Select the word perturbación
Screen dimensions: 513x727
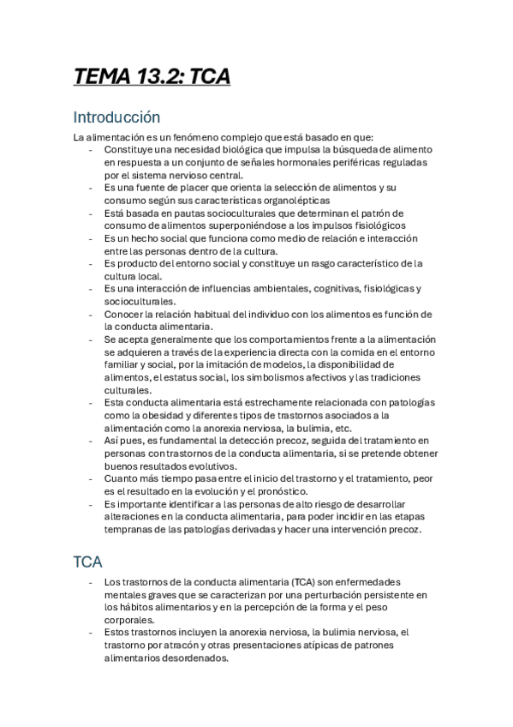[348, 595]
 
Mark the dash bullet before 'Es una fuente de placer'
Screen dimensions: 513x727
[92, 187]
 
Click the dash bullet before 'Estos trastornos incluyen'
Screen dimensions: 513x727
[92, 633]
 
